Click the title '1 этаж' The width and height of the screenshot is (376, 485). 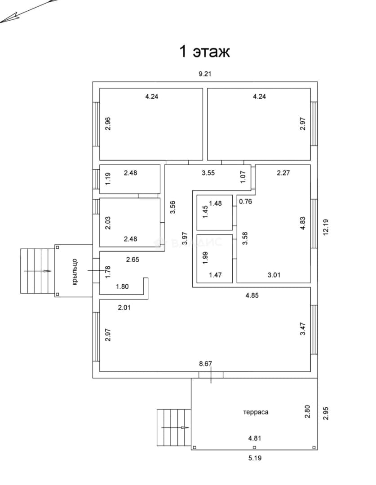pyautogui.click(x=204, y=51)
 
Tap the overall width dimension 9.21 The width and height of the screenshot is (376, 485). pyautogui.click(x=205, y=74)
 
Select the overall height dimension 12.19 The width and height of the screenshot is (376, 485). pyautogui.click(x=326, y=227)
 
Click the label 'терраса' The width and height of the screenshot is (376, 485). pyautogui.click(x=256, y=412)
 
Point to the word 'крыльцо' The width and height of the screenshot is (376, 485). pyautogui.click(x=75, y=272)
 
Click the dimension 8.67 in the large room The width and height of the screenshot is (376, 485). pyautogui.click(x=205, y=364)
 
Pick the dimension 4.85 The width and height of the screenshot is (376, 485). pyautogui.click(x=252, y=295)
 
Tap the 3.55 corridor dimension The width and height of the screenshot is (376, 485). pyautogui.click(x=208, y=172)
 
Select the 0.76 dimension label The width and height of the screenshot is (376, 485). pyautogui.click(x=245, y=201)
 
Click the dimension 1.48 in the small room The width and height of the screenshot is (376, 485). pyautogui.click(x=215, y=203)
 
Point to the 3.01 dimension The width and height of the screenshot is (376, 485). pyautogui.click(x=274, y=275)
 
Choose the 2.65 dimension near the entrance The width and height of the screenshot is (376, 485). pyautogui.click(x=133, y=260)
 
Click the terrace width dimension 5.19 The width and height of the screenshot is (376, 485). pyautogui.click(x=255, y=458)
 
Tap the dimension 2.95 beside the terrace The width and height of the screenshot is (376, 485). pyautogui.click(x=326, y=413)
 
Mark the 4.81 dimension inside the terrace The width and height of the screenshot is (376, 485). pyautogui.click(x=255, y=438)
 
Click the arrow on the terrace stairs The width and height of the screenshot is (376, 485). pyautogui.click(x=175, y=428)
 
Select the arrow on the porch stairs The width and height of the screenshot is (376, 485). pyautogui.click(x=37, y=271)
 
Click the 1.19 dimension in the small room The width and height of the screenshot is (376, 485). pyautogui.click(x=108, y=179)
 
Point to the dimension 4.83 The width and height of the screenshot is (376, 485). pyautogui.click(x=303, y=223)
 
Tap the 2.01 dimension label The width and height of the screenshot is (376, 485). pyautogui.click(x=124, y=308)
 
